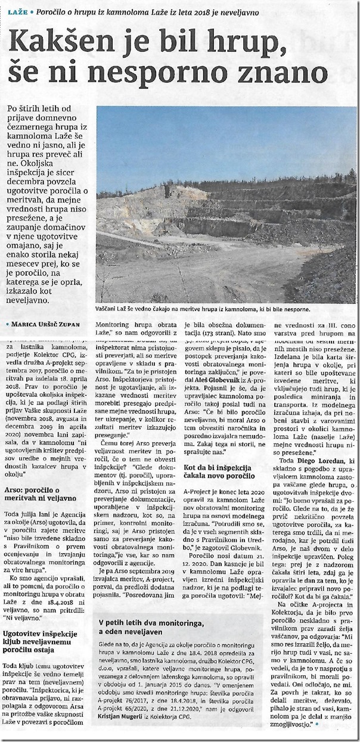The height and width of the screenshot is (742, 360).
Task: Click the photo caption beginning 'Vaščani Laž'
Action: pyautogui.click(x=206, y=309)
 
